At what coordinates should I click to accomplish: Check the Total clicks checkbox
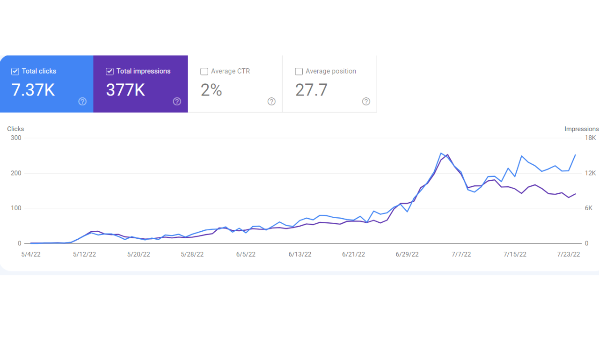pyautogui.click(x=15, y=72)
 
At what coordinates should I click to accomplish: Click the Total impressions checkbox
pyautogui.click(x=110, y=72)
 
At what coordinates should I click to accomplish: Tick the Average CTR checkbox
pyautogui.click(x=204, y=72)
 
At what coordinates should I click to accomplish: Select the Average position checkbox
pyautogui.click(x=299, y=72)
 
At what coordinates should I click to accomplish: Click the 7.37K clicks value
pyautogui.click(x=33, y=90)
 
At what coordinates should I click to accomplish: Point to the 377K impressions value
pyautogui.click(x=125, y=90)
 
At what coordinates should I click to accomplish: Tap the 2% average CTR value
pyautogui.click(x=211, y=90)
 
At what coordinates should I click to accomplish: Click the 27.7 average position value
pyautogui.click(x=311, y=90)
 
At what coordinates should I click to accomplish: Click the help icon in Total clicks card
pyautogui.click(x=82, y=102)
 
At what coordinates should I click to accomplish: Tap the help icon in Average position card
pyautogui.click(x=366, y=102)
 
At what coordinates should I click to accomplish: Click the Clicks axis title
pyautogui.click(x=15, y=129)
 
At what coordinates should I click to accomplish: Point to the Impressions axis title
pyautogui.click(x=581, y=129)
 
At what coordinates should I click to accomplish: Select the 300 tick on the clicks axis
pyautogui.click(x=16, y=138)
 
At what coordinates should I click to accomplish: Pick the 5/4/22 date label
pyautogui.click(x=31, y=254)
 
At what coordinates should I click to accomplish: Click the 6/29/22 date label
pyautogui.click(x=407, y=254)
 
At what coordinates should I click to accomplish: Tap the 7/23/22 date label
pyautogui.click(x=569, y=254)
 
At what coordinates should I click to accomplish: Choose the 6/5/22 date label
pyautogui.click(x=246, y=254)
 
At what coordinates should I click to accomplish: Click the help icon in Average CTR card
pyautogui.click(x=271, y=102)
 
